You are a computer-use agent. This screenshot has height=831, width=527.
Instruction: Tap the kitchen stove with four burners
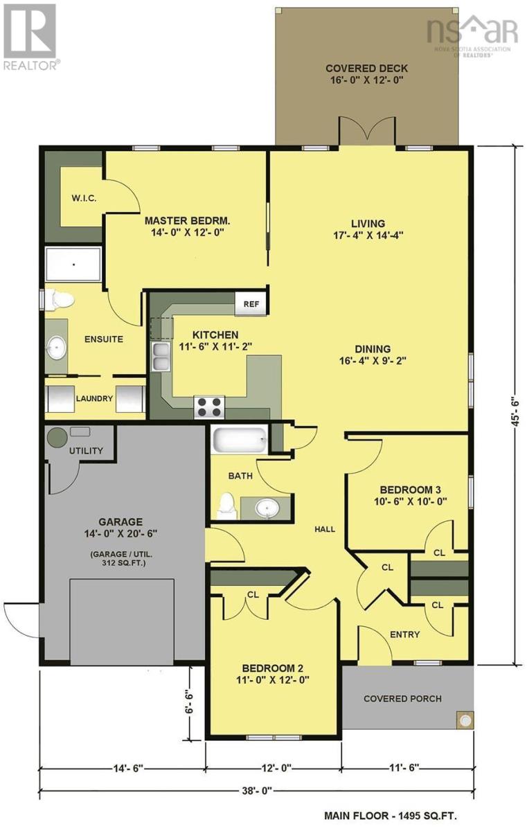pos(209,406)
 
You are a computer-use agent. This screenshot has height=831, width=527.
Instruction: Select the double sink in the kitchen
pos(161,357)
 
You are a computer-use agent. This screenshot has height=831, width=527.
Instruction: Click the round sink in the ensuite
pos(56,347)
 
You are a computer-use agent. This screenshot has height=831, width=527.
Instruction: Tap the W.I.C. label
pos(84,199)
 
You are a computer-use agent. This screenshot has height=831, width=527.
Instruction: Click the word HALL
pos(323,529)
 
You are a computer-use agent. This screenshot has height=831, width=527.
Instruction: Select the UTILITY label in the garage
pos(86,451)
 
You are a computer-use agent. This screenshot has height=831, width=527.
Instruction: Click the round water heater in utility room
pos(56,436)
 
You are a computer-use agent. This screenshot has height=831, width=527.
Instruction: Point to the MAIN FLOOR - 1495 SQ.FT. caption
pos(390,816)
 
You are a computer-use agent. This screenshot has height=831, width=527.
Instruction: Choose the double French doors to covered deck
pos(367,132)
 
